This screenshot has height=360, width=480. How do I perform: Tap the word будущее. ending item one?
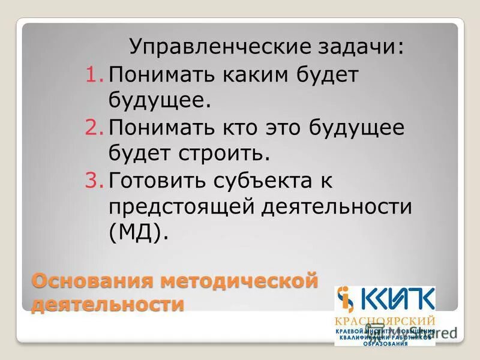coord(160,100)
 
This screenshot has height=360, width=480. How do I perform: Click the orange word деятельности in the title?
coord(108,304)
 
